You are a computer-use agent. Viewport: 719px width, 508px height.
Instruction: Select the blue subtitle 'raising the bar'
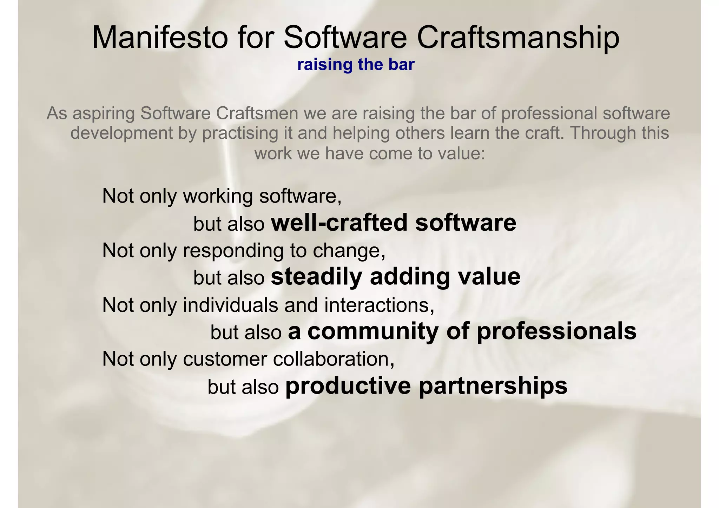click(356, 65)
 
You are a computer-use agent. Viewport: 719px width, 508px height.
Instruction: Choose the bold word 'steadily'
click(316, 277)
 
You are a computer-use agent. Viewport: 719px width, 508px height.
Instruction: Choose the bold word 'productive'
click(348, 386)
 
